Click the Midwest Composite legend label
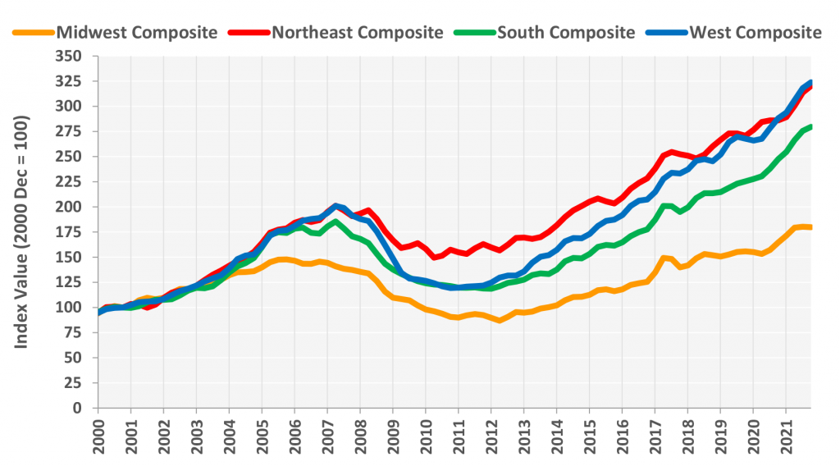coord(137,33)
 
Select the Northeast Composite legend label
coord(357,33)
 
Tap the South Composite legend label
coord(566,33)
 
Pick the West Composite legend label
coord(756,33)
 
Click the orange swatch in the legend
coord(32,33)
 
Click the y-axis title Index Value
coord(22,231)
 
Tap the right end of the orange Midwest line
coord(810,226)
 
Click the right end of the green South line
coord(810,126)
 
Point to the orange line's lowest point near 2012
coord(498,320)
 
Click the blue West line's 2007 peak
coord(335,205)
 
